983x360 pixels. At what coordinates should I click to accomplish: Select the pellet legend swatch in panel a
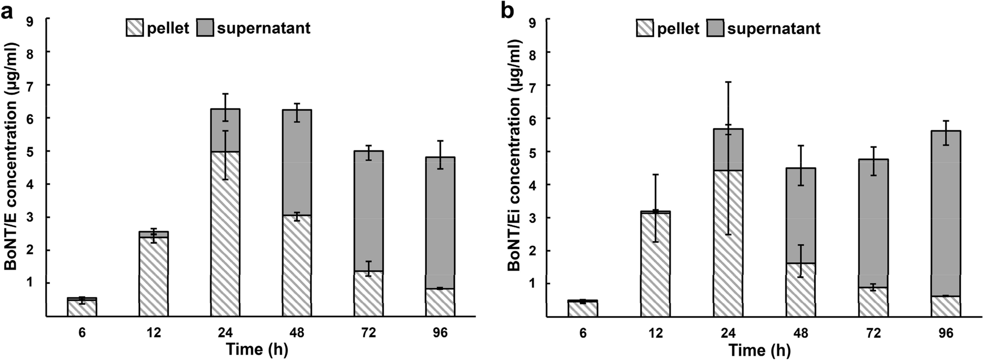tap(135, 28)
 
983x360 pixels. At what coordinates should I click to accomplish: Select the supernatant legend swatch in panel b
tap(716, 28)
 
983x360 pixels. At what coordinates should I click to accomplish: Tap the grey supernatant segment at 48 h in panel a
tap(297, 162)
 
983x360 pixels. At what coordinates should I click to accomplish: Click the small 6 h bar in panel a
tap(82, 308)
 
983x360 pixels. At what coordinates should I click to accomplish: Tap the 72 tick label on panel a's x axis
tap(368, 333)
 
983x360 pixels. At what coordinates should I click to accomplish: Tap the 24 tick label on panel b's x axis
tap(727, 334)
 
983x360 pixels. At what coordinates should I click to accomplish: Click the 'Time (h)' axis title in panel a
tap(257, 350)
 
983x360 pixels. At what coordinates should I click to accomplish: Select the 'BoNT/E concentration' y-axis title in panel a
tap(12, 156)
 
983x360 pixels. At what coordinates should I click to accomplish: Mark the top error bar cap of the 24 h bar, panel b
tap(728, 82)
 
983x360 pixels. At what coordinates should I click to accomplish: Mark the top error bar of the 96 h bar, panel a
tap(440, 141)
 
